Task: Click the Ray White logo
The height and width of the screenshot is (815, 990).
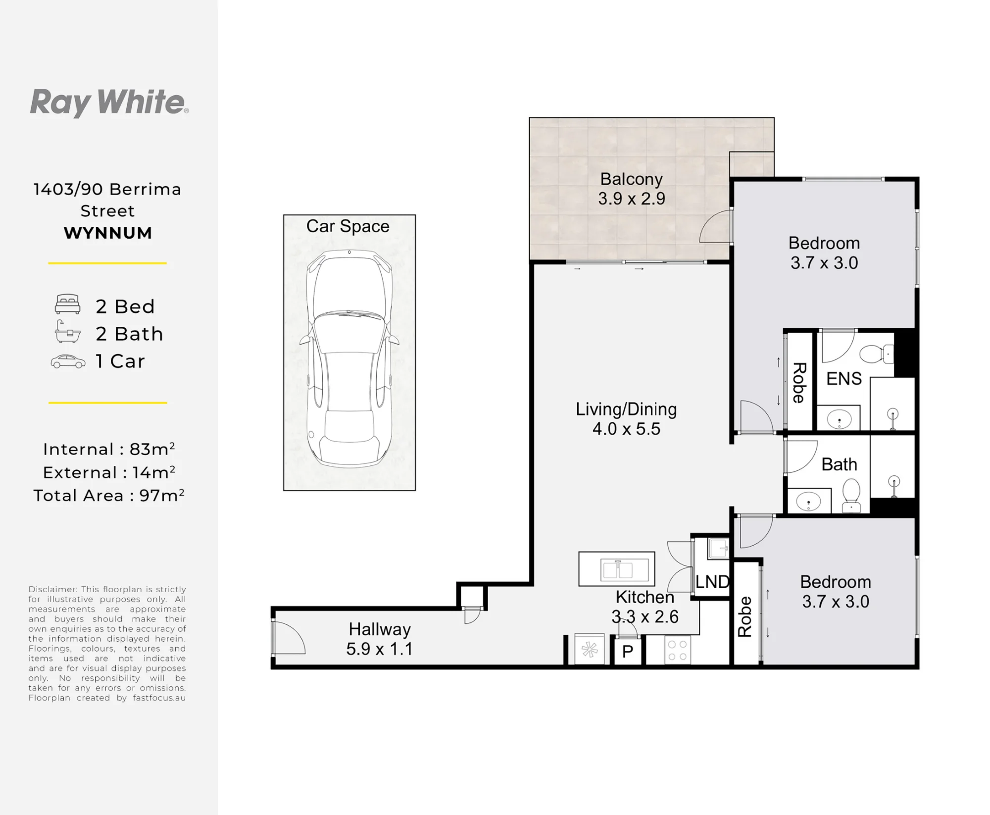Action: (x=109, y=103)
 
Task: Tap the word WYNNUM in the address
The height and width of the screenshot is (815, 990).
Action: (x=108, y=233)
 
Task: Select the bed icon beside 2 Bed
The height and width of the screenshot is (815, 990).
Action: (x=67, y=304)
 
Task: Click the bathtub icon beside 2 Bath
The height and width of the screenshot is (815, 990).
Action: (x=67, y=331)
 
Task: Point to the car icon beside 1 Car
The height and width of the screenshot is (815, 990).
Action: (x=68, y=361)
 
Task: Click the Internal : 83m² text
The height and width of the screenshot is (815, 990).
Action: (x=109, y=449)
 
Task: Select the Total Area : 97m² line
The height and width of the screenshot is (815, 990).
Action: (x=109, y=495)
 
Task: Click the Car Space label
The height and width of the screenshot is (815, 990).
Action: (x=347, y=226)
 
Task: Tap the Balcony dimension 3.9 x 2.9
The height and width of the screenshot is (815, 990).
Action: (x=632, y=199)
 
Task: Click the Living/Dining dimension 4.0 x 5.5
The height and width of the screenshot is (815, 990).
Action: (x=626, y=429)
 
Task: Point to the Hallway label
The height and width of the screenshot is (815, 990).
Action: (x=380, y=629)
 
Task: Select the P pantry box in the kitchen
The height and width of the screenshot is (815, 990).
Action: (x=628, y=651)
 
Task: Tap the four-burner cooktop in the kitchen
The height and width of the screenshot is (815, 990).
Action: (x=678, y=650)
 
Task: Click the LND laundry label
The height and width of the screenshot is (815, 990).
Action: (x=712, y=581)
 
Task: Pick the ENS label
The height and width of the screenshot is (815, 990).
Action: (x=844, y=379)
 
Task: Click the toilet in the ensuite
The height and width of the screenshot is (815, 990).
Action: (x=877, y=354)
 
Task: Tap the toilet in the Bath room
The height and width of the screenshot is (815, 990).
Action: (x=851, y=495)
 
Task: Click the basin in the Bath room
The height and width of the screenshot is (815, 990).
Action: (x=808, y=502)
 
